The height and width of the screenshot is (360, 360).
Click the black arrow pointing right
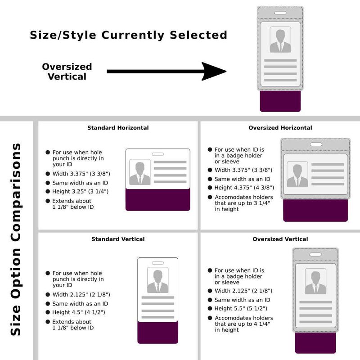166,72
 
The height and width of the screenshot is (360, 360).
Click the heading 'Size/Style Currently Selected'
129,35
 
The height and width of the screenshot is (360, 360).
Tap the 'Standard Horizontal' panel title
118,128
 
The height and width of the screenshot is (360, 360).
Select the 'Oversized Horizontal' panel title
280,128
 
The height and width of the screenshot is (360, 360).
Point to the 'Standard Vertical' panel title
118,239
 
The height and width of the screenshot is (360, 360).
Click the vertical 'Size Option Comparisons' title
16,239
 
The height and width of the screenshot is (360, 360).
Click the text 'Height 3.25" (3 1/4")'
81,192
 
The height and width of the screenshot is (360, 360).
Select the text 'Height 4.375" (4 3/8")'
244,188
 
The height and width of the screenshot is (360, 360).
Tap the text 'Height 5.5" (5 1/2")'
241,309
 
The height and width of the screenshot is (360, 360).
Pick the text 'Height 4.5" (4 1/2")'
79,312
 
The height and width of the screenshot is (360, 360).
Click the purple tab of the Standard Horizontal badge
158,200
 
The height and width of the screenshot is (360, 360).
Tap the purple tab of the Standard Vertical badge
158,333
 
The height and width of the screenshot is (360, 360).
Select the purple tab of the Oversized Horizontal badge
315,211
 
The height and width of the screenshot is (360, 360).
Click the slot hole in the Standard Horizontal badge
158,154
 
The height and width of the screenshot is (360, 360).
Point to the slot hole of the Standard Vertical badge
158,263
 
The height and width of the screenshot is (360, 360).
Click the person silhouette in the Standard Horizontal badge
140,173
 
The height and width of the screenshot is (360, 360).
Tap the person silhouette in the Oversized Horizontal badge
297,175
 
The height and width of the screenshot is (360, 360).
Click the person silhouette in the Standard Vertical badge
158,281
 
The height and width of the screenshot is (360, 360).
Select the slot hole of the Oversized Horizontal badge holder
316,144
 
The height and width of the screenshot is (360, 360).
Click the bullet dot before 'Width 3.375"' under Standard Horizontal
48,174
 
